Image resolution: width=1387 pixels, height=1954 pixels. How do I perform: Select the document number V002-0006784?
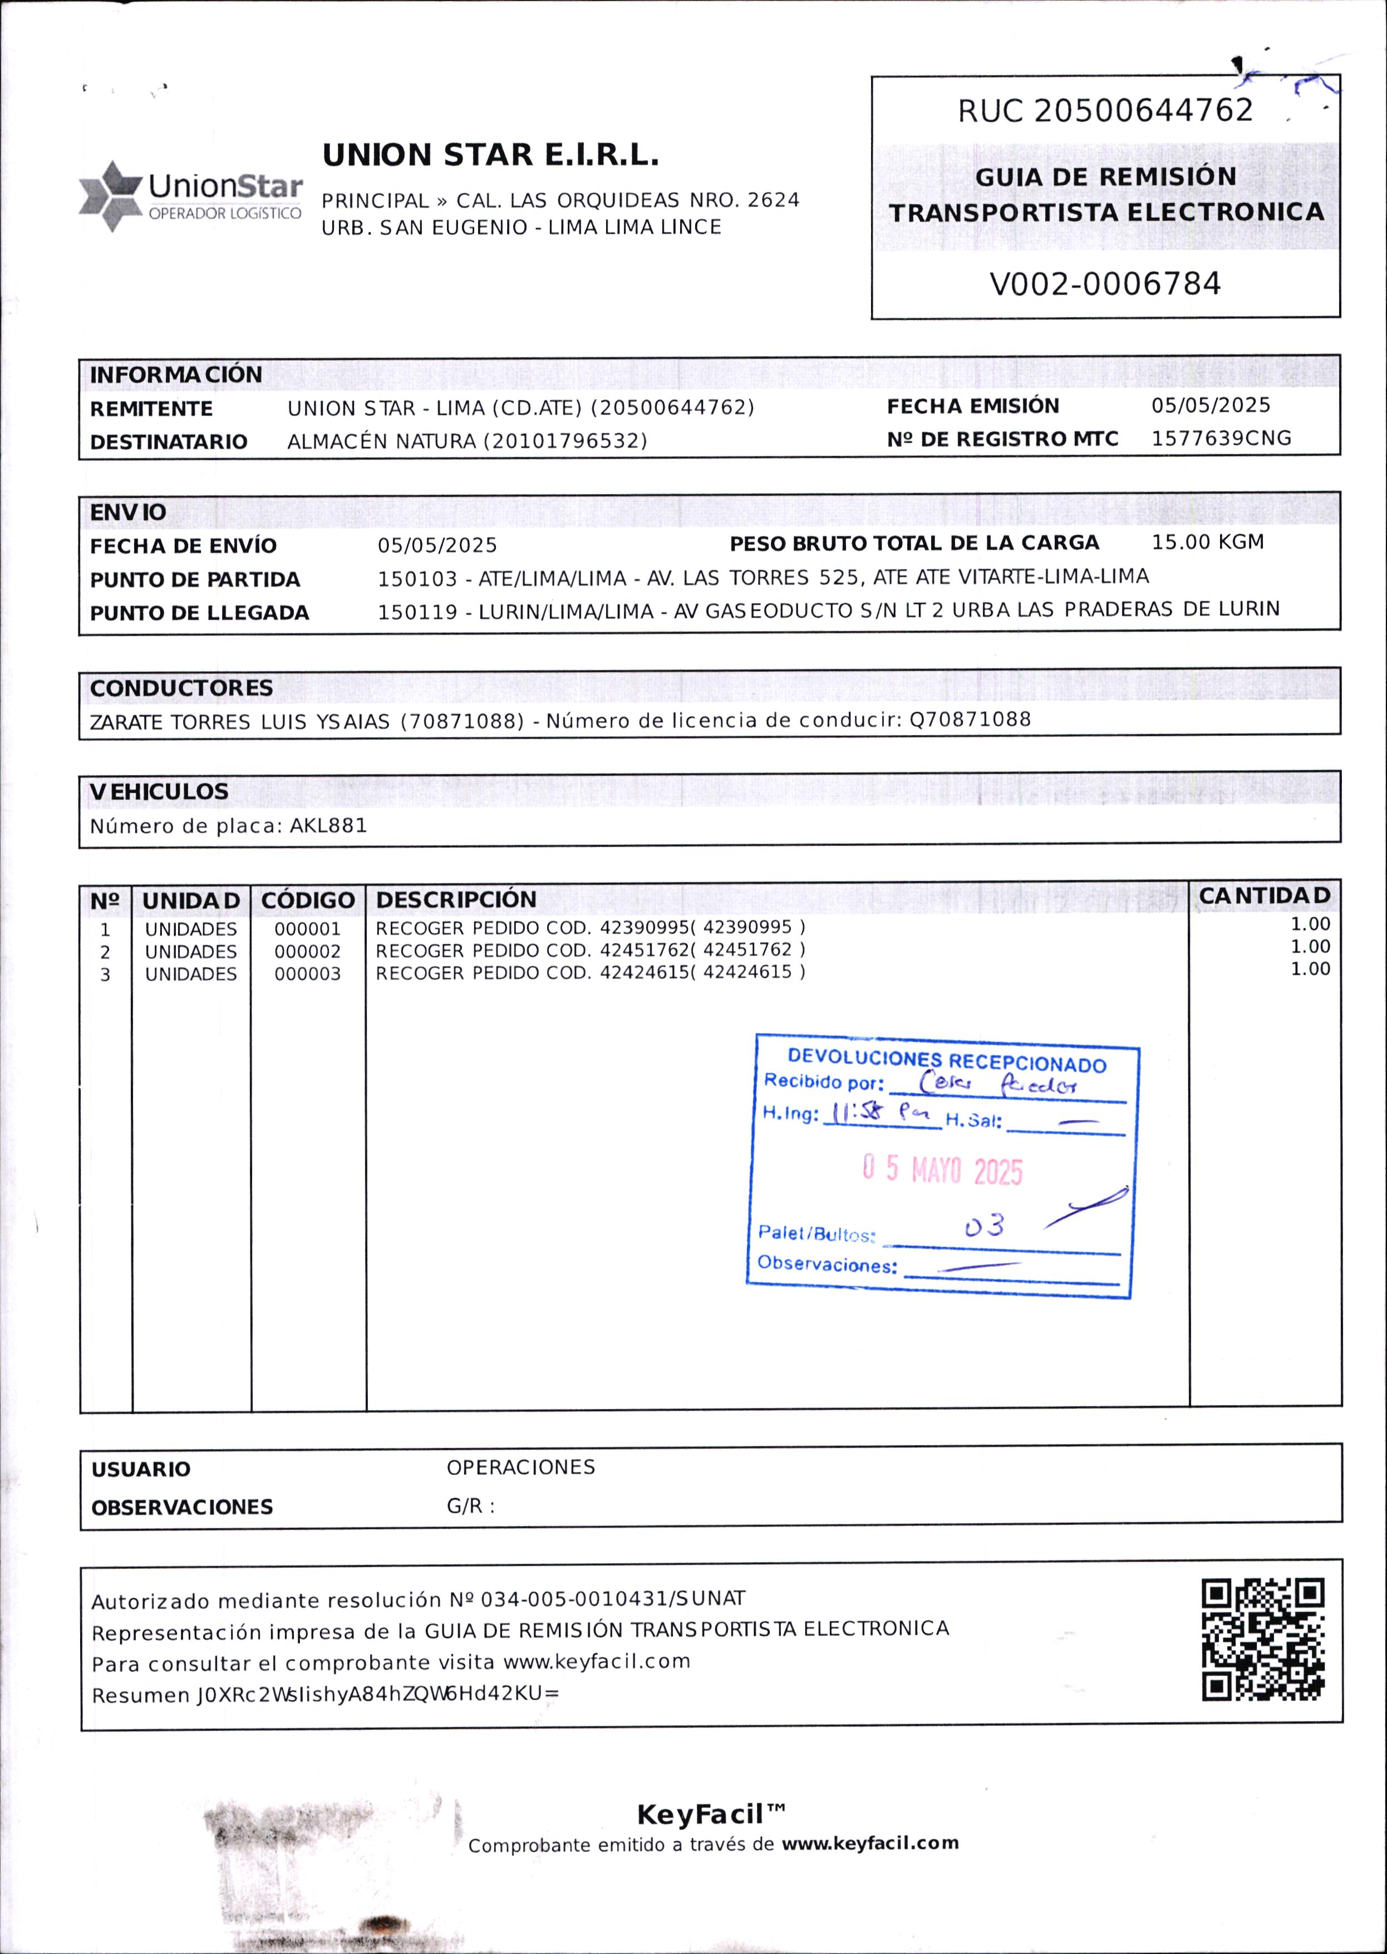click(1105, 283)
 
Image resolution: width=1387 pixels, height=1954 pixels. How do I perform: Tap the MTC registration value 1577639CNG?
click(1221, 438)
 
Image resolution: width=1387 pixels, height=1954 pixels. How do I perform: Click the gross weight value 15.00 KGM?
click(1207, 542)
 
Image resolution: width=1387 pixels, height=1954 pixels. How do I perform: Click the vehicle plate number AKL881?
click(329, 826)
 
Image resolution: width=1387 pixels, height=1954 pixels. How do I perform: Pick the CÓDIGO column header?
click(307, 900)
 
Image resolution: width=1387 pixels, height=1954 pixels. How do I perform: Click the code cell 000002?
click(307, 951)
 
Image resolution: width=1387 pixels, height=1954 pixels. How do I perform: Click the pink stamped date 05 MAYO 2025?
click(942, 1170)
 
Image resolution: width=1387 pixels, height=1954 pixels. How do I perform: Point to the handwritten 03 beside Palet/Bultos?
click(984, 1227)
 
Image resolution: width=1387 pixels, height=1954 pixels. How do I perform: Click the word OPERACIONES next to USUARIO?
click(520, 1467)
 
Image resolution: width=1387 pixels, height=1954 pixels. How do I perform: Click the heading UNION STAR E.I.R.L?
click(490, 155)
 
